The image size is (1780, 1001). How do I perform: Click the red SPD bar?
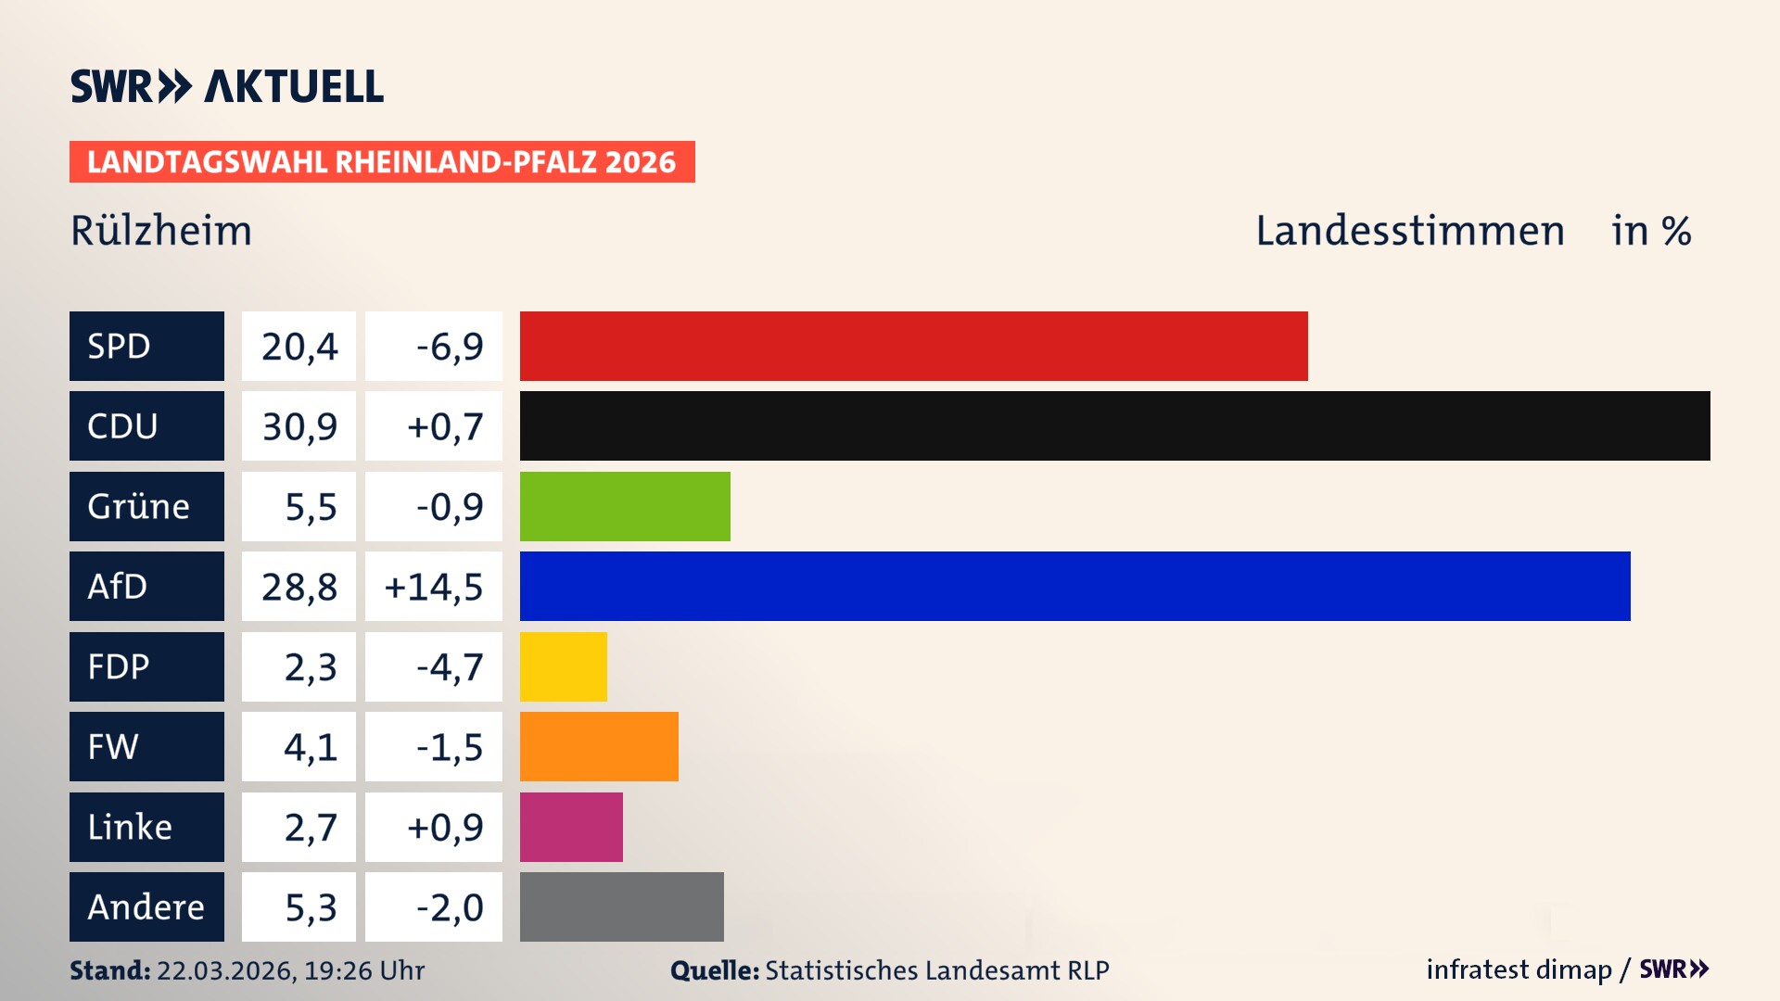(913, 346)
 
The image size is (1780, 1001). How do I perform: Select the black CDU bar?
(1114, 425)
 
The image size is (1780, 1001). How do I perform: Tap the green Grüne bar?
(625, 506)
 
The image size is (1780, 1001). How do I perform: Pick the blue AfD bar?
(1074, 586)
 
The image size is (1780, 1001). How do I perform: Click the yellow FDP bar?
(563, 666)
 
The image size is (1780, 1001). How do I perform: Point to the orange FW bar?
(599, 746)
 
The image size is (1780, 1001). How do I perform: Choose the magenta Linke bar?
(571, 827)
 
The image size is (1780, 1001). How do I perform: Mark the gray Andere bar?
(621, 906)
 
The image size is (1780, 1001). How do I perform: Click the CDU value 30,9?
(299, 426)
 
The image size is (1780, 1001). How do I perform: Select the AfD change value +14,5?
(434, 587)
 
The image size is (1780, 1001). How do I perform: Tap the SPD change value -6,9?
(450, 347)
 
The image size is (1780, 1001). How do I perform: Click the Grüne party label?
(139, 506)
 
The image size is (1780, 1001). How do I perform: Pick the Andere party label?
(146, 906)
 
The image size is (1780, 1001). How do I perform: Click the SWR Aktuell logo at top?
(227, 86)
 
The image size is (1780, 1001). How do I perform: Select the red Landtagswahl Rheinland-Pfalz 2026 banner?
(382, 162)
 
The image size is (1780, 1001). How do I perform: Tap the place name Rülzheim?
(161, 231)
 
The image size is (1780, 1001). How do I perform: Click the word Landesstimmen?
(1409, 231)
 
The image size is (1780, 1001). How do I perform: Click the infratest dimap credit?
(1518, 969)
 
